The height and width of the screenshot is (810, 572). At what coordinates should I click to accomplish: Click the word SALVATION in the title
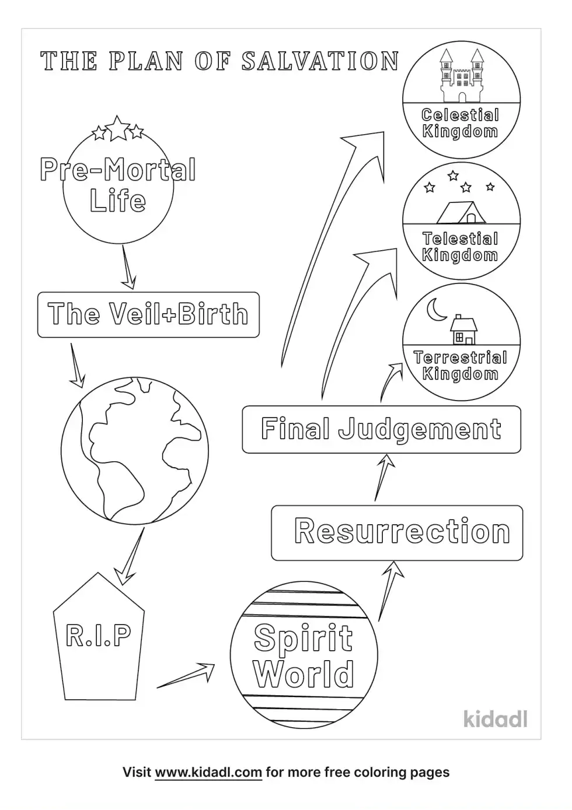coord(320,61)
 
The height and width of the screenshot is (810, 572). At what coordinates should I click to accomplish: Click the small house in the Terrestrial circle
coord(463,331)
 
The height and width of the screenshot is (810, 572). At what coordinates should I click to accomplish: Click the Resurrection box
coord(397,532)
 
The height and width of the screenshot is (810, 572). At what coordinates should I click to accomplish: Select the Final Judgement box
coord(381,429)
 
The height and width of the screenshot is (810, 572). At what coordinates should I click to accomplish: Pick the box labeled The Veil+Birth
coord(148,314)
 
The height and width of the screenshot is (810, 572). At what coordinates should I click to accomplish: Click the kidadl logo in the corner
coord(495,718)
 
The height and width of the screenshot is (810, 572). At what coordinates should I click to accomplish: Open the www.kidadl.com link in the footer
coord(208,773)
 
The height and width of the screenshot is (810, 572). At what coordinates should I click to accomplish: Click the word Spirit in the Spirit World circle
coord(304,637)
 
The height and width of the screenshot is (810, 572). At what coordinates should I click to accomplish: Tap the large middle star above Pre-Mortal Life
coord(118,128)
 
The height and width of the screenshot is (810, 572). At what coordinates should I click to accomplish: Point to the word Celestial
coord(461,115)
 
